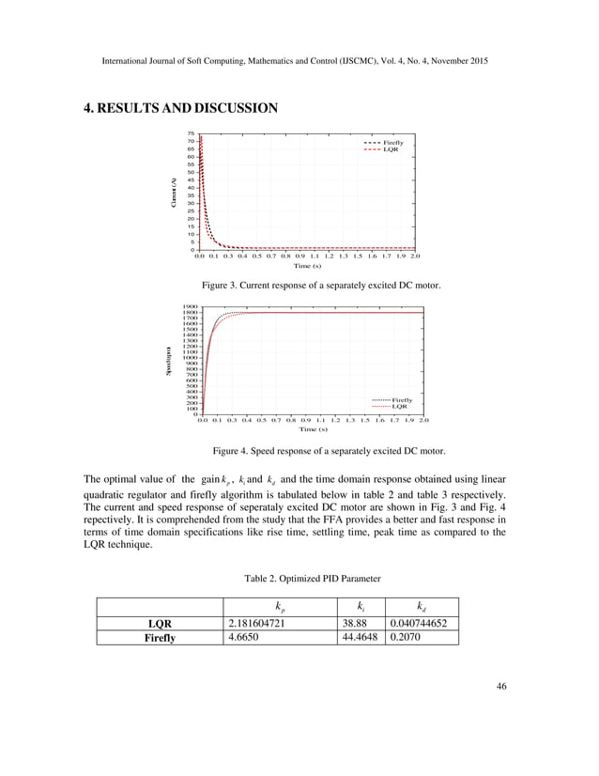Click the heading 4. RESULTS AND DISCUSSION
pos(180,108)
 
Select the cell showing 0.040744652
pos(422,622)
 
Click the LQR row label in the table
pos(161,622)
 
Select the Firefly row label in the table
pos(161,637)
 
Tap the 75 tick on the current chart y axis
pos(191,133)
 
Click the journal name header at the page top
pos(299,61)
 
